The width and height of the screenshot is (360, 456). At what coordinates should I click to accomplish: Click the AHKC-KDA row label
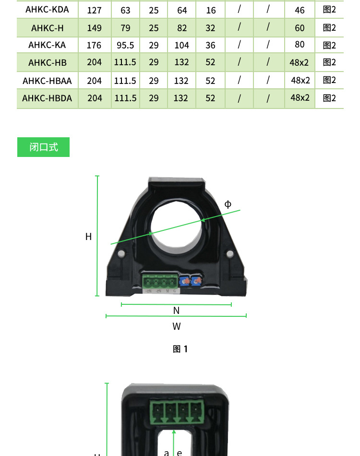click(x=47, y=10)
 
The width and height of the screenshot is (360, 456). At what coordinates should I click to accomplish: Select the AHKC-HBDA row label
click(x=47, y=98)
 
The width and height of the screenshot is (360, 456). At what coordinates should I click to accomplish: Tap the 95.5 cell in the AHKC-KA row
click(x=125, y=46)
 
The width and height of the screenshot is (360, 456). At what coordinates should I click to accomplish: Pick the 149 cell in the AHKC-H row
click(x=95, y=28)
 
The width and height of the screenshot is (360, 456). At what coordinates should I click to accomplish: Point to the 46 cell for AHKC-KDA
click(x=300, y=10)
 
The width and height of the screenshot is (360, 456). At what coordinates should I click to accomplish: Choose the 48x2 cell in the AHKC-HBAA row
click(x=300, y=80)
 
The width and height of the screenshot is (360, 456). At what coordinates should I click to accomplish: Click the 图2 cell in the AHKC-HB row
click(x=329, y=62)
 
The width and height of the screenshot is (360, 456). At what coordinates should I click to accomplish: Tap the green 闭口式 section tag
click(x=44, y=147)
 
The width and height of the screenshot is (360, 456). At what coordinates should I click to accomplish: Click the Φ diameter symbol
click(x=228, y=204)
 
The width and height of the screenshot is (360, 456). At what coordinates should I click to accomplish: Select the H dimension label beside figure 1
click(x=88, y=237)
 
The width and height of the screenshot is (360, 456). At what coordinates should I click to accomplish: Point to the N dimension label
click(x=176, y=311)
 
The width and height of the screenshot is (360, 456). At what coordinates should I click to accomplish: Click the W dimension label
click(x=177, y=326)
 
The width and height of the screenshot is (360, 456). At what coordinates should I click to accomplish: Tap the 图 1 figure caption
click(x=180, y=349)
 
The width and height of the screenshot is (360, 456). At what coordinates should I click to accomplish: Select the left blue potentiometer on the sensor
click(x=183, y=282)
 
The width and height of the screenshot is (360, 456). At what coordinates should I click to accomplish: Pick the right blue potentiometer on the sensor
click(x=196, y=282)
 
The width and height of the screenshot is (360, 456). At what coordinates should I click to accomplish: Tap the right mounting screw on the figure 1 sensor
click(x=229, y=253)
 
